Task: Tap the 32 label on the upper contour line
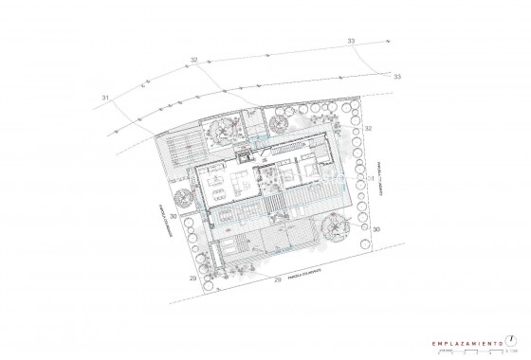point(193,61)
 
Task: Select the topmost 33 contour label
point(351,42)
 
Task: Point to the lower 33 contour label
point(397,76)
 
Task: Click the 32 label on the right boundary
point(369,128)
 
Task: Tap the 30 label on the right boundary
point(376,230)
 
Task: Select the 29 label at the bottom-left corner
point(192,279)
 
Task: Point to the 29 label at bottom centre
point(277,280)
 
